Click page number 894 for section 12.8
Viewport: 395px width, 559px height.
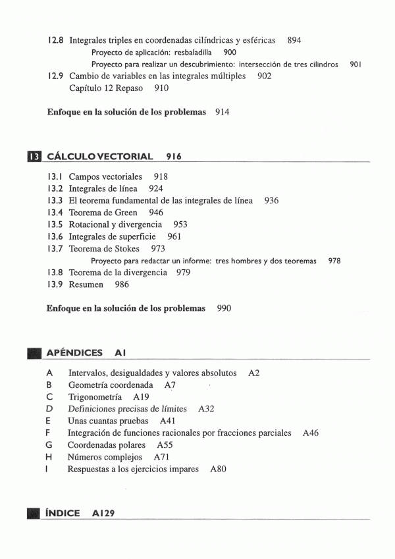(294, 40)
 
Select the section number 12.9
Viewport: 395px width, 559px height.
(56, 76)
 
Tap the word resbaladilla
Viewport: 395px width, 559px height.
(193, 52)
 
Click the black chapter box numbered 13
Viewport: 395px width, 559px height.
(34, 157)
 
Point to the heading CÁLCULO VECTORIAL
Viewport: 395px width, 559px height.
(100, 157)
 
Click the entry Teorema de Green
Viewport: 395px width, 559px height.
(103, 213)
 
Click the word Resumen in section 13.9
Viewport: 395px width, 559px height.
(86, 284)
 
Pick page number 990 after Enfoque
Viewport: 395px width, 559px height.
(224, 308)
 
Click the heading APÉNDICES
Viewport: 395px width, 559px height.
(74, 353)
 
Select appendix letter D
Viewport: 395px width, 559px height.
(49, 409)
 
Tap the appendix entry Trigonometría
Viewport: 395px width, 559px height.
(95, 397)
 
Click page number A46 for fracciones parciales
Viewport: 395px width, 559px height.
(311, 433)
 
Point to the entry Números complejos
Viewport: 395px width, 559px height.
(105, 457)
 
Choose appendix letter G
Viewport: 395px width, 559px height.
(49, 445)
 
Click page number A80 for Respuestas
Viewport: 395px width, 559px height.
(218, 469)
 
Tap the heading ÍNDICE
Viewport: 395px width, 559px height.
(63, 513)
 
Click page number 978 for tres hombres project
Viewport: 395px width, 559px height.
(334, 261)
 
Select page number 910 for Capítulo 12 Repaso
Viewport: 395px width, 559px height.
(161, 88)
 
